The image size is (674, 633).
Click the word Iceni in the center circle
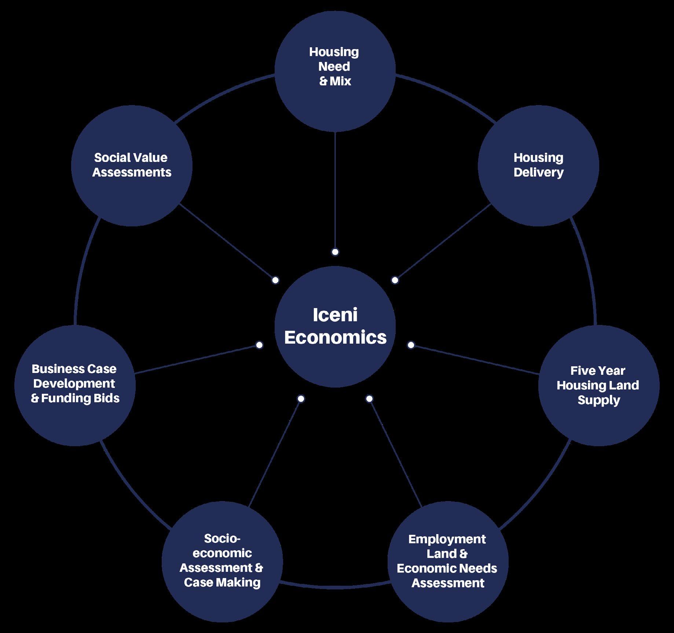tap(335, 315)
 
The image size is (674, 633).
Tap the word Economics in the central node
tap(335, 337)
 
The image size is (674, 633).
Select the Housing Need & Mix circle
tap(335, 70)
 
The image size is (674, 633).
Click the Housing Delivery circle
tap(538, 166)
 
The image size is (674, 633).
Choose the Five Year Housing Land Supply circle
tap(598, 385)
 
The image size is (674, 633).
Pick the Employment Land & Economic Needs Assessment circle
tap(447, 561)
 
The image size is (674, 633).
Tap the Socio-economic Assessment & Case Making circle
tap(222, 561)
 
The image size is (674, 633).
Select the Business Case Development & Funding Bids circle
tap(75, 385)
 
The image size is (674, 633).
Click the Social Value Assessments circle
tap(132, 166)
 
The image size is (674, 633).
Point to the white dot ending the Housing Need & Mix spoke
tap(335, 252)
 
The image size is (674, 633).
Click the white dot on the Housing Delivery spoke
tap(395, 280)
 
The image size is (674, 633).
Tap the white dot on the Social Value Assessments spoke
tap(275, 280)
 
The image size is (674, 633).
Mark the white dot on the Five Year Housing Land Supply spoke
tap(411, 345)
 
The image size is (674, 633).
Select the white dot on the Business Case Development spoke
tap(259, 345)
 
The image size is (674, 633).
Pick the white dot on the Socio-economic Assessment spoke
tap(301, 398)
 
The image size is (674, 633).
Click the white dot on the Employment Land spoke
tap(369, 398)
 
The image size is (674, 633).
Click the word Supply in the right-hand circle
tap(598, 400)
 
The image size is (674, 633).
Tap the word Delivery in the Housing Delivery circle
tap(538, 173)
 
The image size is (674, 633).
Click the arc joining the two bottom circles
tap(335, 588)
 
